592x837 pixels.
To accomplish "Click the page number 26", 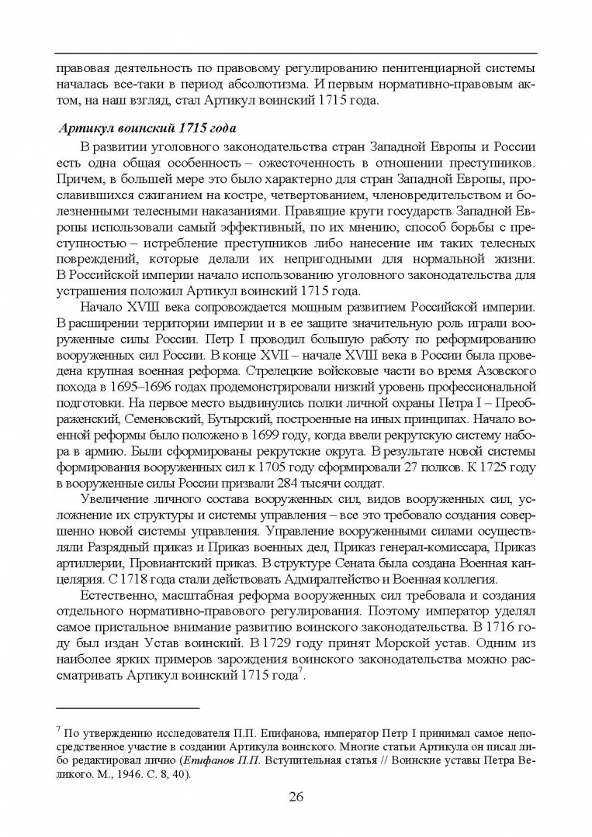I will tap(296, 797).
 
